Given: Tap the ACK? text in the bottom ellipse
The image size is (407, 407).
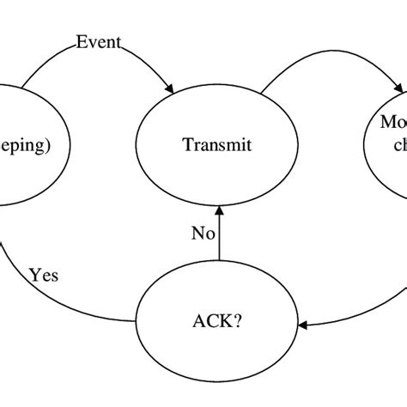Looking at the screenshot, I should point(217,323).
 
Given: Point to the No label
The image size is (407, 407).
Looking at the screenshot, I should point(203,232).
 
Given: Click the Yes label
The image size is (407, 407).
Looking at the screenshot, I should point(44,276).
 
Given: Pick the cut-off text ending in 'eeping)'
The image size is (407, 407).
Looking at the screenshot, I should point(25,145).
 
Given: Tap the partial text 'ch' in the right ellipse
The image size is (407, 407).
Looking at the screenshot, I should point(397,145).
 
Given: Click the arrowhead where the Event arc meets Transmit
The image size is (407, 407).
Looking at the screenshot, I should point(172,88).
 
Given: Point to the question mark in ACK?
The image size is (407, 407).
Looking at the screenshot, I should point(239,323).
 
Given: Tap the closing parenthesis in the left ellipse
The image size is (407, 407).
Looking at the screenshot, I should point(48,145).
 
